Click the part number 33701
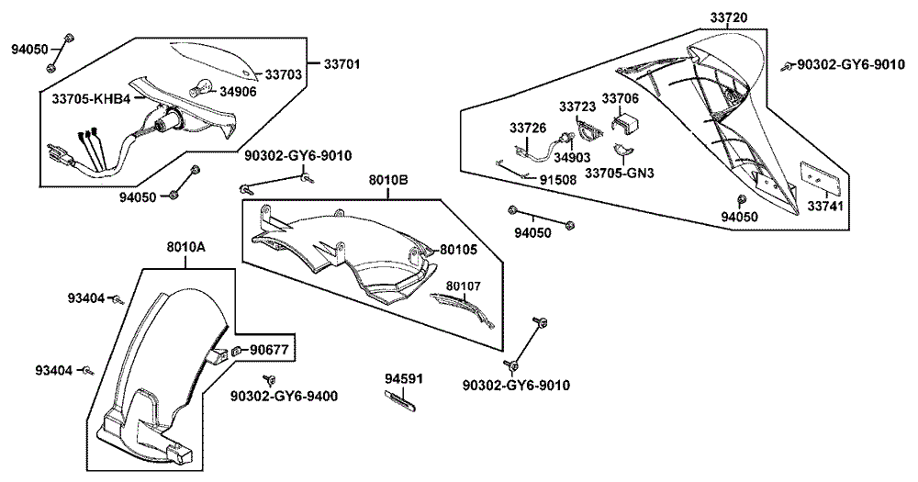point(342,64)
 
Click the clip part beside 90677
point(236,351)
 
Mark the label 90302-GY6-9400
point(283,396)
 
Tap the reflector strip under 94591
point(398,398)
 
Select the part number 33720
point(728,17)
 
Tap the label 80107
point(464,286)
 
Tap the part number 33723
point(577,106)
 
